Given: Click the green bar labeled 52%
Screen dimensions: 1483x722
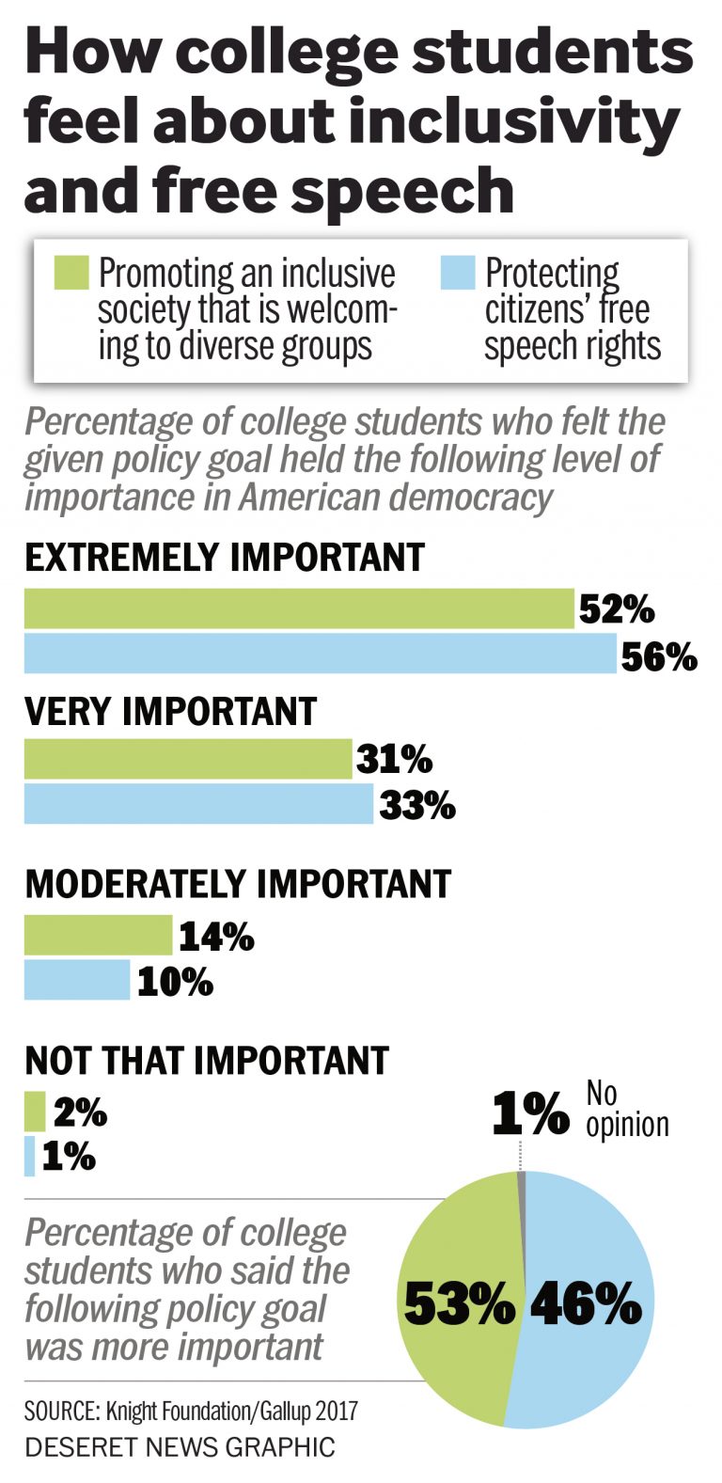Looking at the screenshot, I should click(299, 608).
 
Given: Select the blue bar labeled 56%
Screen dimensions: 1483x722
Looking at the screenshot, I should click(320, 654).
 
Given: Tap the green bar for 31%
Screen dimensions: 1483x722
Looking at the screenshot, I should click(188, 759).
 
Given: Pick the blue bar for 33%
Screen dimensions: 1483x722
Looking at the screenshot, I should click(198, 804).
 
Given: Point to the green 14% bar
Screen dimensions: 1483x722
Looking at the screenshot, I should click(98, 935).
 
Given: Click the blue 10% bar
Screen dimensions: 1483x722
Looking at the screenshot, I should click(77, 980).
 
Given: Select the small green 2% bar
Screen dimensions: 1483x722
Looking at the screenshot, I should click(35, 1112).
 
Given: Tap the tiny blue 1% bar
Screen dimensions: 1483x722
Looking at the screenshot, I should click(30, 1156).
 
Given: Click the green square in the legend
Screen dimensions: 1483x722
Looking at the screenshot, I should click(71, 274).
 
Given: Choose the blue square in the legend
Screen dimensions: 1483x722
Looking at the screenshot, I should click(457, 274).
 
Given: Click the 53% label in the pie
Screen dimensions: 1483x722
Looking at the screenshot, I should click(460, 1305).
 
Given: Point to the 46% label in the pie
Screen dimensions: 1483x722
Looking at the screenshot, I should click(586, 1305).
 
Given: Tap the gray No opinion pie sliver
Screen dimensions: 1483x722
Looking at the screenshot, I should click(521, 1180).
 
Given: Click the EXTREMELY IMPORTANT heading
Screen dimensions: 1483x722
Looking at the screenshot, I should click(225, 558).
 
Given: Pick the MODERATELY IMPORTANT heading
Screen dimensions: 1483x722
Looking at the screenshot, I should click(238, 884).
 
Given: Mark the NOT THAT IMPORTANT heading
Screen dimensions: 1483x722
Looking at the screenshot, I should click(207, 1060).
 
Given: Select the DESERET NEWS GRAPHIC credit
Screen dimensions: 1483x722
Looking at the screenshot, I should click(180, 1446).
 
